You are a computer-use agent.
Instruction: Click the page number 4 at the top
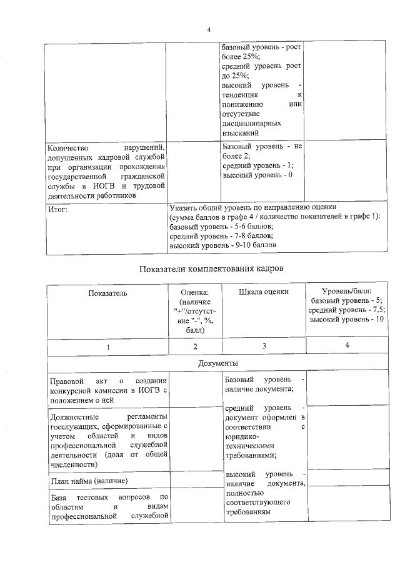pos(209,29)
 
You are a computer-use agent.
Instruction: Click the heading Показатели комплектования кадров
pos(209,268)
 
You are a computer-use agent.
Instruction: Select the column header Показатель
pos(107,292)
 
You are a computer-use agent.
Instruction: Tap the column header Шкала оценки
pos(263,292)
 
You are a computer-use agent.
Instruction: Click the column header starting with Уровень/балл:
pos(346,305)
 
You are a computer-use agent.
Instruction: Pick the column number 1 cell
pos(107,346)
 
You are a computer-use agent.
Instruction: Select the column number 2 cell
pos(195,346)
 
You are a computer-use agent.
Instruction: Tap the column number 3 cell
pos(263,345)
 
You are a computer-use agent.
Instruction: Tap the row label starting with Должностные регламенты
pos(107,440)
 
